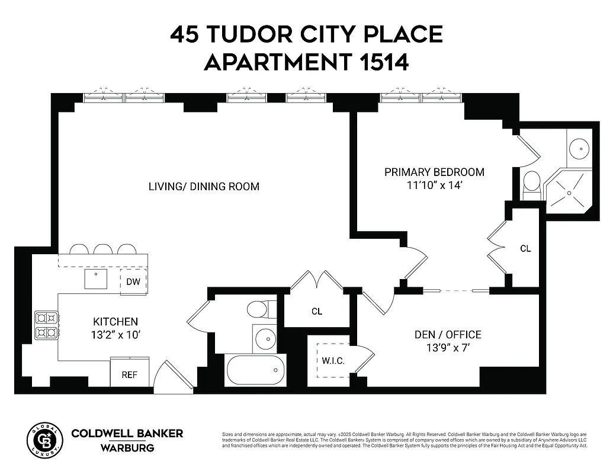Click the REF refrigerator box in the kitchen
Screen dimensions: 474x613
click(130, 372)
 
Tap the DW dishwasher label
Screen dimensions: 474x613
click(133, 282)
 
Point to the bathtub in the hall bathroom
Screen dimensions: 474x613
click(255, 370)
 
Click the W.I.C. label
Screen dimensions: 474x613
click(333, 361)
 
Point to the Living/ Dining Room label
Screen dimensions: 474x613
click(204, 187)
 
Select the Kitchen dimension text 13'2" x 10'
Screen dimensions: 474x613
click(116, 334)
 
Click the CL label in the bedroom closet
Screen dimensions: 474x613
click(525, 248)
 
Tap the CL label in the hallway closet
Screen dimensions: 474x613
click(317, 311)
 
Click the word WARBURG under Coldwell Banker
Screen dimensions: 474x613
click(127, 448)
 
